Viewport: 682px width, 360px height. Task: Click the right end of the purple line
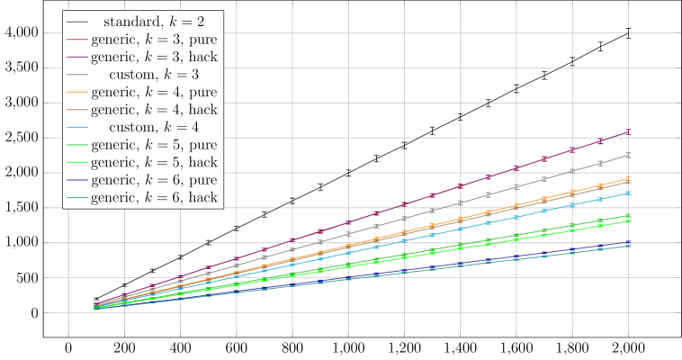tap(628, 131)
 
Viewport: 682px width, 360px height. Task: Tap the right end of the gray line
tap(628, 155)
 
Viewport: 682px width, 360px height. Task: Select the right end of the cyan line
tap(628, 193)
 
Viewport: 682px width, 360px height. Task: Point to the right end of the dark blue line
tap(628, 243)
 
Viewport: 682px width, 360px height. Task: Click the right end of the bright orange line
tap(628, 178)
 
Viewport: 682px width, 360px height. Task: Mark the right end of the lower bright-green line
tap(628, 221)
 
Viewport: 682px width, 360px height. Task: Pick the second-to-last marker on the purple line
tap(600, 141)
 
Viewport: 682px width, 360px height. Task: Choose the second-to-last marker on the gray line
tap(600, 164)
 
